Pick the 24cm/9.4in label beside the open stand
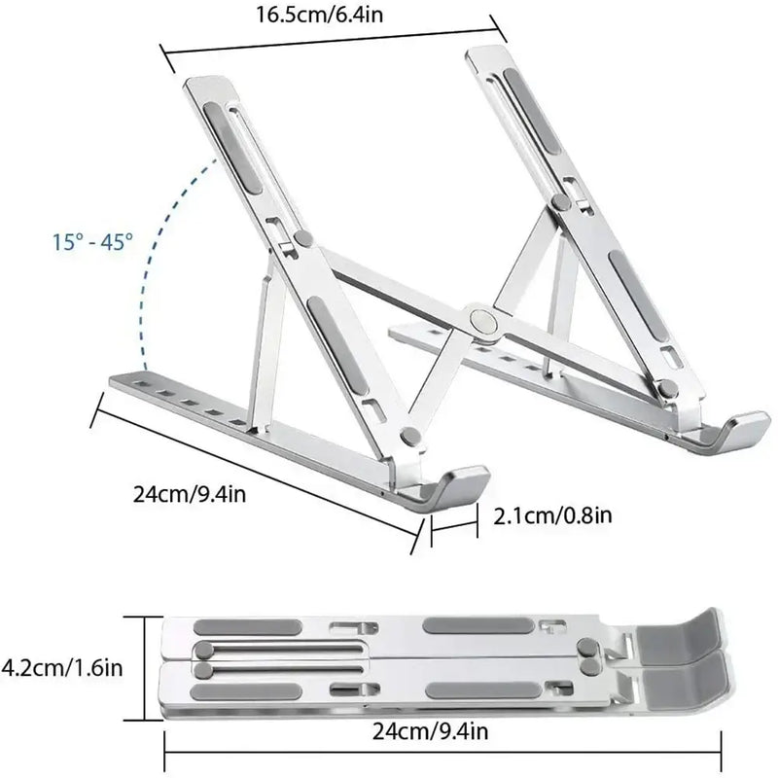pyautogui.click(x=191, y=493)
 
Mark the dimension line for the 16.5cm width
pyautogui.click(x=331, y=39)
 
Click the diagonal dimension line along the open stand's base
pyautogui.click(x=258, y=467)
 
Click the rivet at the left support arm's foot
pyautogui.click(x=409, y=437)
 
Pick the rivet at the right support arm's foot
pyautogui.click(x=668, y=388)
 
